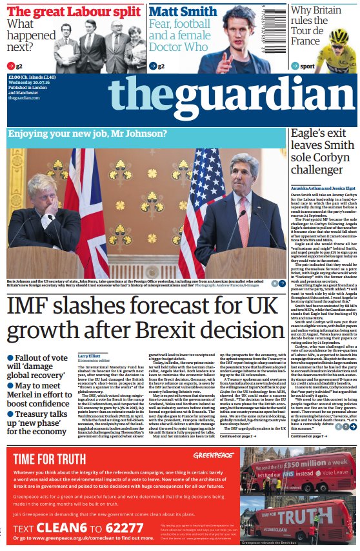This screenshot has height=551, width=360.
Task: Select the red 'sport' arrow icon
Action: tap(294, 65)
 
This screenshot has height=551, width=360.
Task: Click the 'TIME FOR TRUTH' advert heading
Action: tap(57, 441)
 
